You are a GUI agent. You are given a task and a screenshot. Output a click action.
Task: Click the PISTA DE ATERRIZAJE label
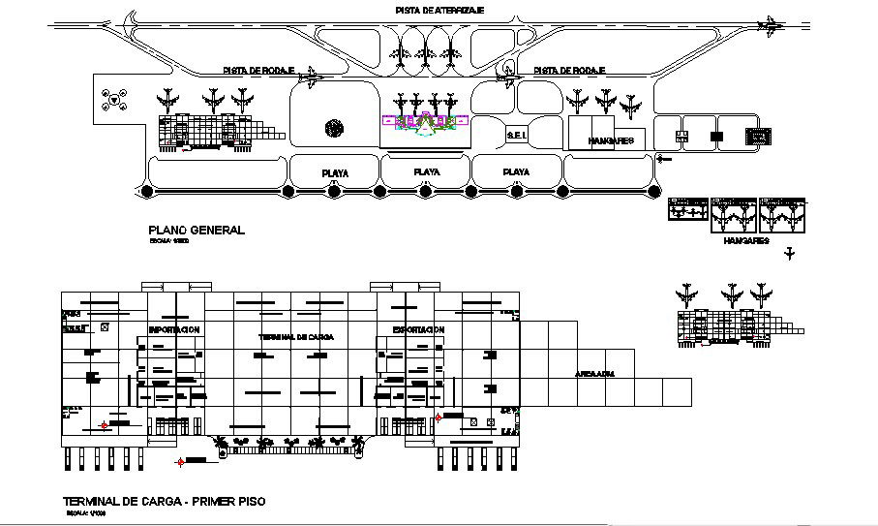point(439,10)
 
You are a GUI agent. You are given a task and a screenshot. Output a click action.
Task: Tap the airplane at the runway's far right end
point(771,26)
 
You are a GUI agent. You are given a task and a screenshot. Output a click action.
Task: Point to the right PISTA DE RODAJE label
point(568,71)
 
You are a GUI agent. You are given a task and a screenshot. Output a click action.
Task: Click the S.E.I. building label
point(516,137)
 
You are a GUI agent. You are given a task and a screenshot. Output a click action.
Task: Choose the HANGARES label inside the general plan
point(610,140)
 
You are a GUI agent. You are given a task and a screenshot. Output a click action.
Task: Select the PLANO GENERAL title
point(197,231)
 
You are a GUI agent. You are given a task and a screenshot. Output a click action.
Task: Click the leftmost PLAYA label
point(335,173)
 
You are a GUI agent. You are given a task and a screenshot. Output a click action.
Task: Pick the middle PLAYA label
point(426,172)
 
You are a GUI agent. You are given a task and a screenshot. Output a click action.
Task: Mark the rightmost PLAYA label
point(516,172)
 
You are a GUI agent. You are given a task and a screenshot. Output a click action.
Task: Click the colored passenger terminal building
point(424,121)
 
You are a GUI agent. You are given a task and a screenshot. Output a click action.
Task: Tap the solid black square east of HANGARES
point(716,138)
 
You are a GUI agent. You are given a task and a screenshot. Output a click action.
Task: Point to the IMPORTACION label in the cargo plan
point(174,330)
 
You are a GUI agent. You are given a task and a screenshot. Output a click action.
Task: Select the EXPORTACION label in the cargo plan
point(418,330)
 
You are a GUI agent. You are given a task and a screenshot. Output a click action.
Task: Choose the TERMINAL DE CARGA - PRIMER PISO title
point(163,502)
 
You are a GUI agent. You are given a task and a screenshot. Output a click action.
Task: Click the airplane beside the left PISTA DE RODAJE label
point(312,77)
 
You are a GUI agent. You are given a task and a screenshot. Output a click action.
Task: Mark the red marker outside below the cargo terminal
point(179,462)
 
